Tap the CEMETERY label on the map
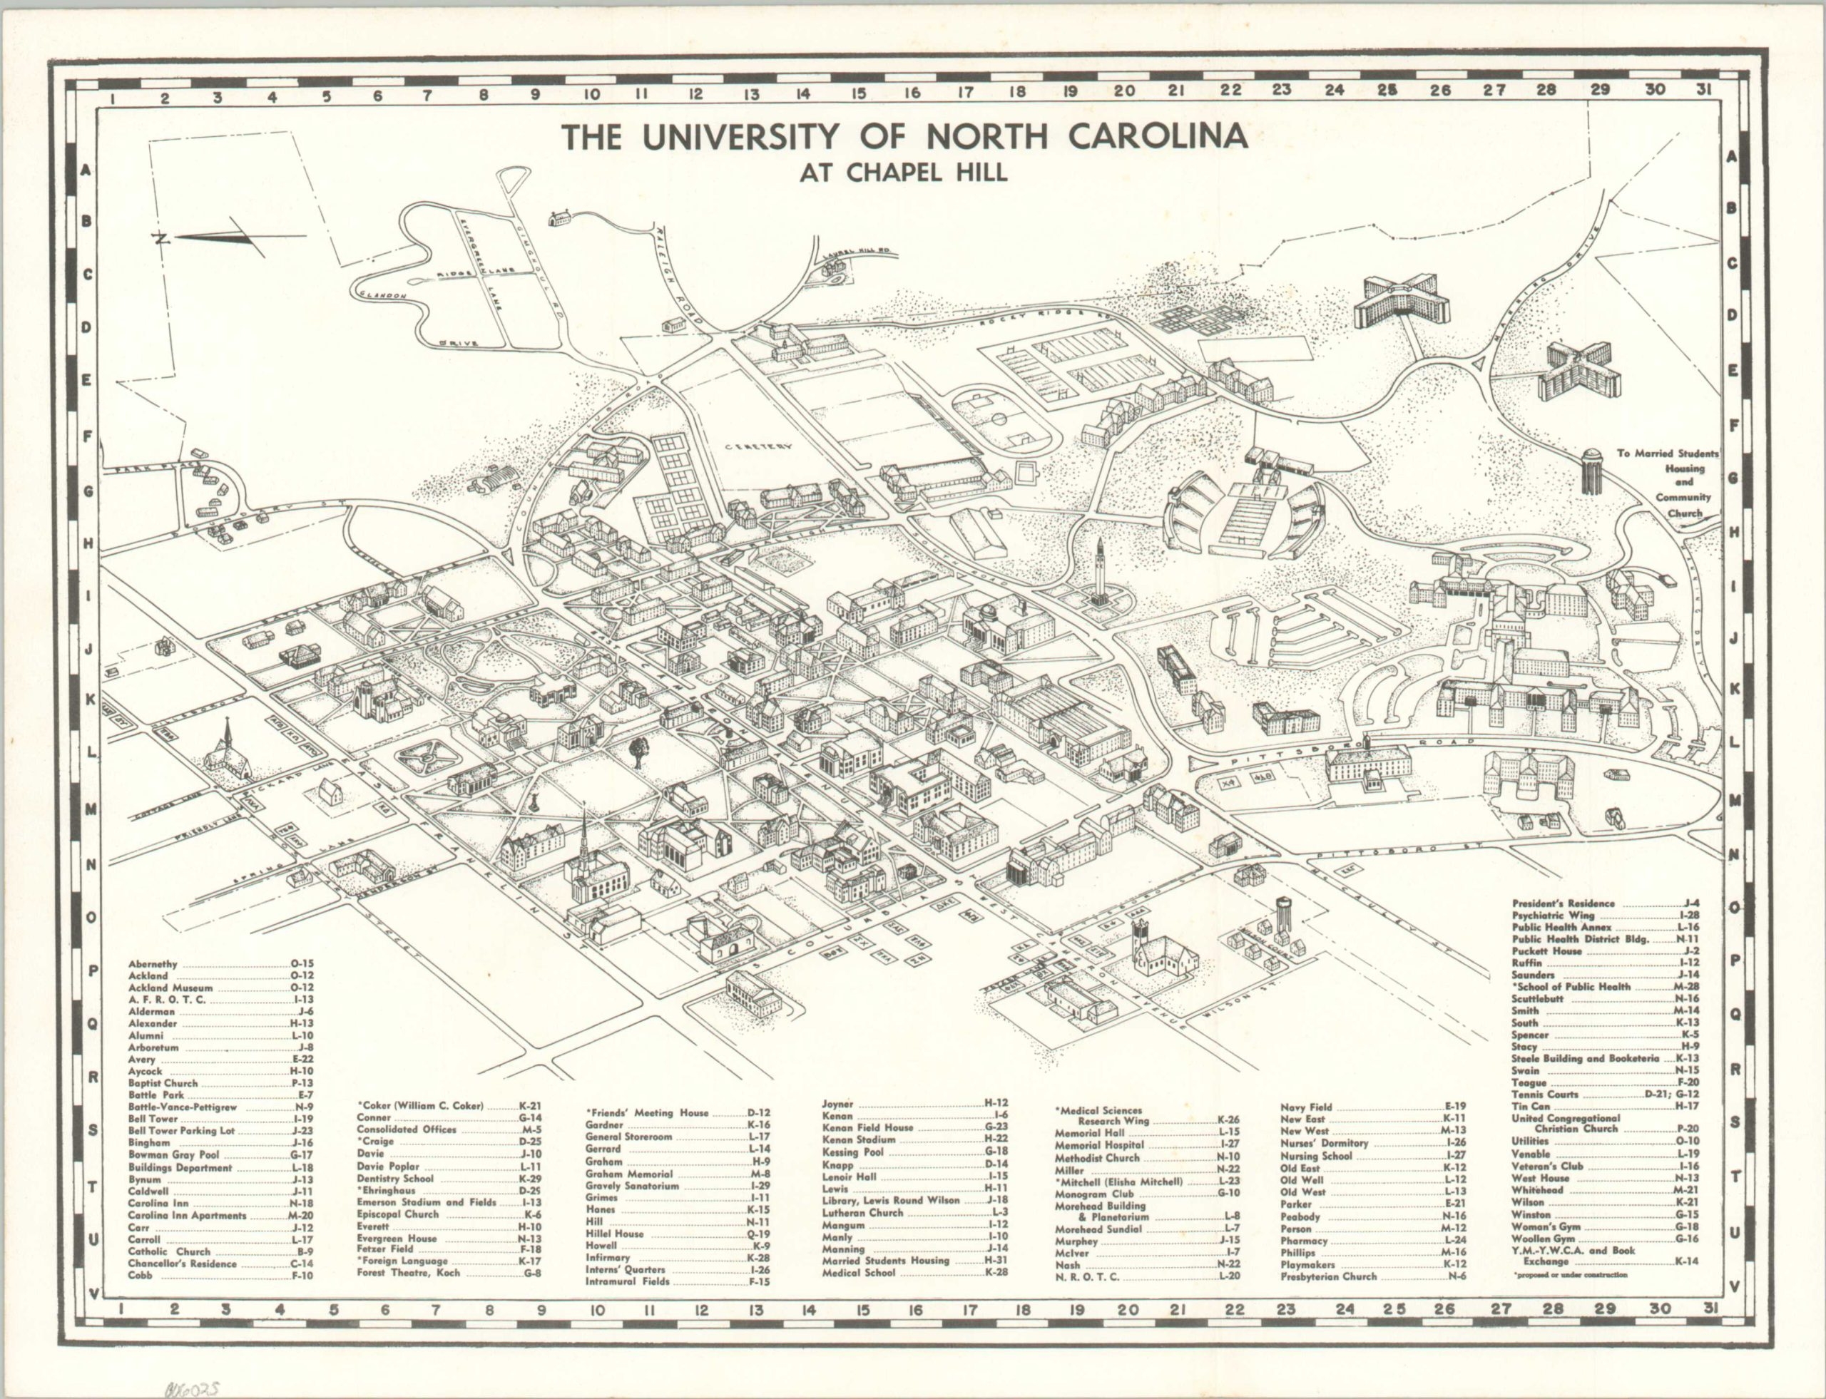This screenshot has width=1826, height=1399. [x=758, y=447]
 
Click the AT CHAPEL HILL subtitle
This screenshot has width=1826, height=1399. [x=904, y=173]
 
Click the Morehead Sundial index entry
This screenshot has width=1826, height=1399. [x=1101, y=1229]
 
